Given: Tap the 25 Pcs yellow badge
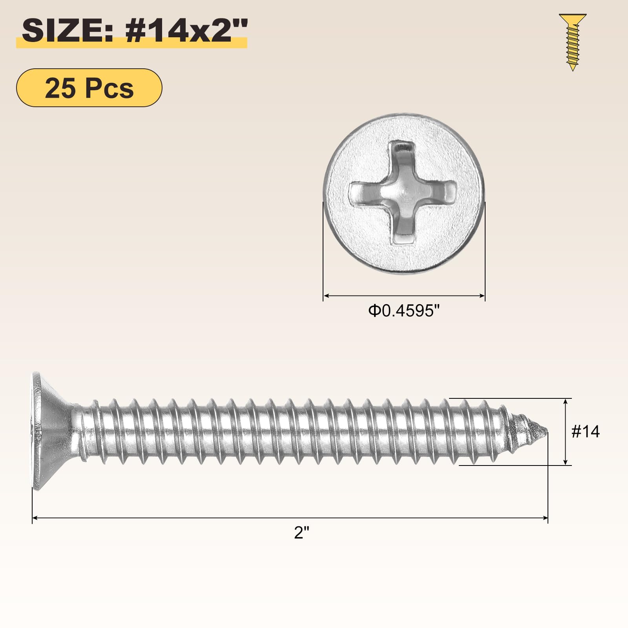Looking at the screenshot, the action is coord(89,88).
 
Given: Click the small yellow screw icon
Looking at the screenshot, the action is coord(573,42).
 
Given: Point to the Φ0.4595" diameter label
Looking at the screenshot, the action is coord(403,311).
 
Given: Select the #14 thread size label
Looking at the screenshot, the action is coord(586,432).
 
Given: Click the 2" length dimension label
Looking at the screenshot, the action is coord(302,533).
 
